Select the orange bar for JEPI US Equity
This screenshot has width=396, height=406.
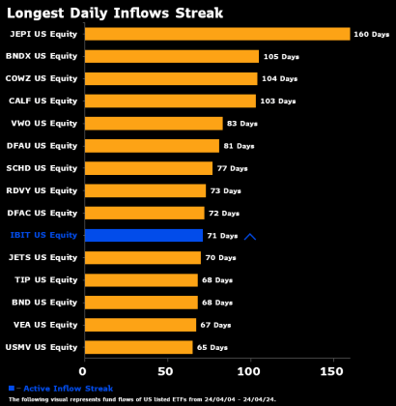pyautogui.click(x=216, y=34)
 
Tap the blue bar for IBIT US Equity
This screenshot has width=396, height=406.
pyautogui.click(x=144, y=235)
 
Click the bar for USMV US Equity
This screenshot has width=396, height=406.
pyautogui.click(x=138, y=347)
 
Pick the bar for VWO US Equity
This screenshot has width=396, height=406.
pyautogui.click(x=154, y=124)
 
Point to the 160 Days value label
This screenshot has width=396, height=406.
pyautogui.click(x=371, y=34)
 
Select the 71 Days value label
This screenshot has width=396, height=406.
pyautogui.click(x=222, y=236)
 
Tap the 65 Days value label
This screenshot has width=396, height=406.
pyautogui.click(x=212, y=347)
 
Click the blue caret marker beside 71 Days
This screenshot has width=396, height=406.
pyautogui.click(x=250, y=236)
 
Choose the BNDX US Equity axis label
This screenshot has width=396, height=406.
pyautogui.click(x=42, y=56)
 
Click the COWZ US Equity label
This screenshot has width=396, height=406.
pyautogui.click(x=42, y=78)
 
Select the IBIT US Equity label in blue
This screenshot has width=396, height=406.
pyautogui.click(x=43, y=235)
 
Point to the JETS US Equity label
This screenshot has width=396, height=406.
pyautogui.click(x=43, y=257)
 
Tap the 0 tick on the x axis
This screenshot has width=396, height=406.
pyautogui.click(x=84, y=370)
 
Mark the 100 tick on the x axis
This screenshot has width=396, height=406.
pyautogui.click(x=251, y=370)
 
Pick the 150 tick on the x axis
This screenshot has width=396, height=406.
pyautogui.click(x=334, y=370)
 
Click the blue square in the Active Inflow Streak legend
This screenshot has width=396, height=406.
pyautogui.click(x=12, y=387)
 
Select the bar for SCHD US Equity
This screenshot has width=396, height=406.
pyautogui.click(x=149, y=168)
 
